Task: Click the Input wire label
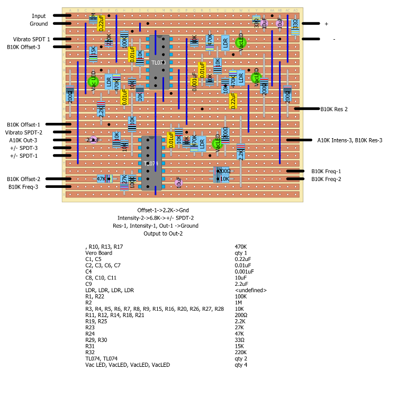[x=39, y=16]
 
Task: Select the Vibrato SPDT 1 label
[x=31, y=39]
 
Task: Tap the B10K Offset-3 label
[x=31, y=47]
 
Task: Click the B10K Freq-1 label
[x=326, y=171]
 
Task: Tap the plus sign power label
[x=326, y=24]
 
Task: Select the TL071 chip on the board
[x=159, y=62]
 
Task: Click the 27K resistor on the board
[x=124, y=180]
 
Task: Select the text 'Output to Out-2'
[x=163, y=233]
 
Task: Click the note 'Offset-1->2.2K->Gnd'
[x=163, y=210]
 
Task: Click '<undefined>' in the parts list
[x=250, y=290]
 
